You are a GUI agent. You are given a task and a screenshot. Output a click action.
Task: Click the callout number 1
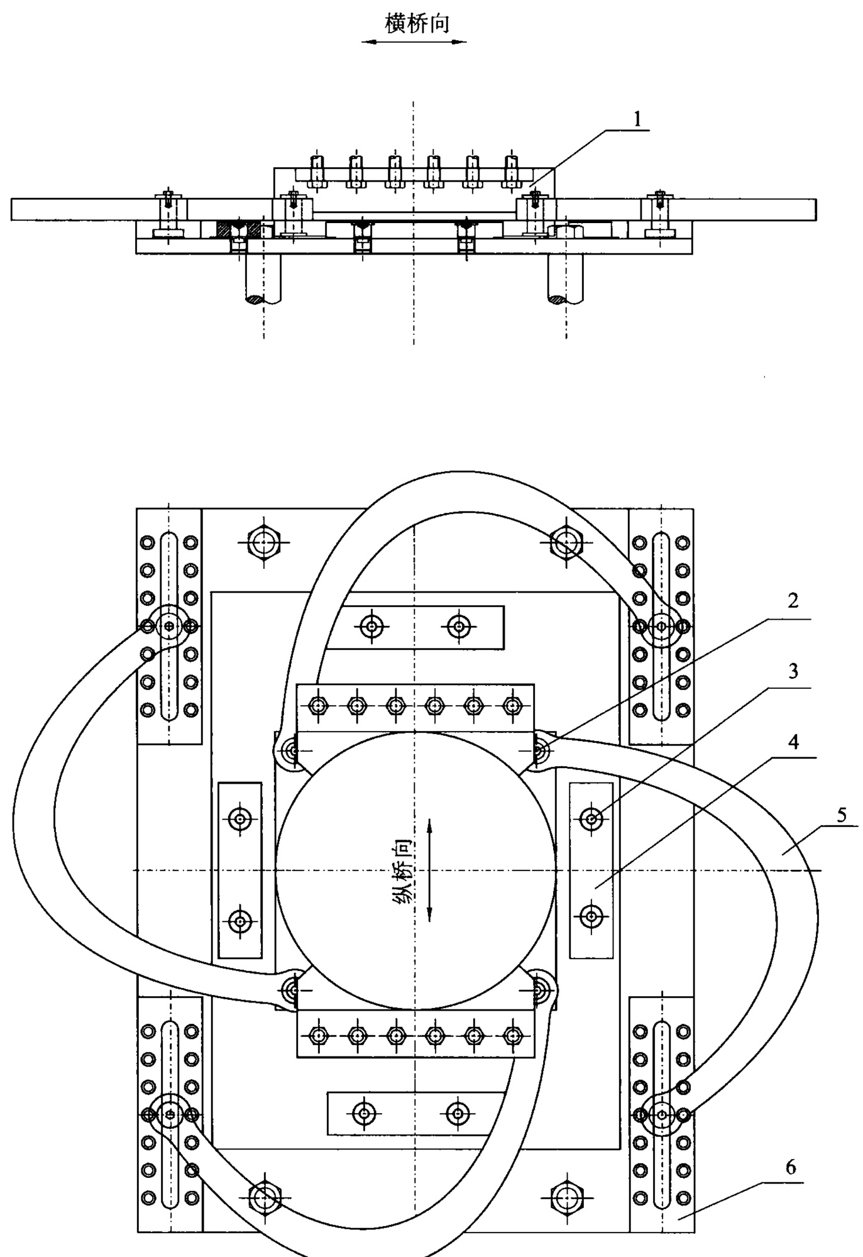(638, 119)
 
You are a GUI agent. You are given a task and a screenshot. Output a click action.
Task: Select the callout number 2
(793, 601)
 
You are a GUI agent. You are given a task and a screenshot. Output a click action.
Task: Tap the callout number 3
(793, 671)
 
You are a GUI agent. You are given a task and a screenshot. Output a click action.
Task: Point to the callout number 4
(794, 742)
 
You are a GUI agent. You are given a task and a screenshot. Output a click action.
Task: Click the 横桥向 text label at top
(417, 23)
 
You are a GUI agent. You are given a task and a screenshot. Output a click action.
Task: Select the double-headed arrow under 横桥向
(414, 42)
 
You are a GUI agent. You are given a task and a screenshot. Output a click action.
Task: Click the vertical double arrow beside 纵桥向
(429, 870)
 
